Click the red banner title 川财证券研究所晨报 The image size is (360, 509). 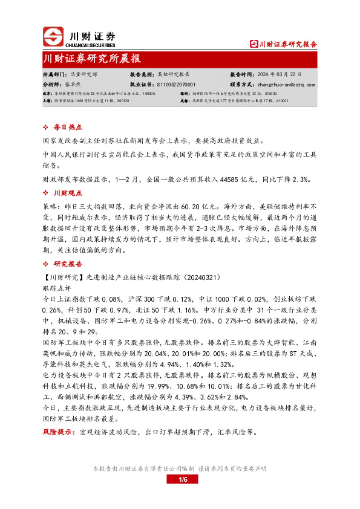pyautogui.click(x=92, y=59)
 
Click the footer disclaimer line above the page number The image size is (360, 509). pyautogui.click(x=180, y=469)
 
